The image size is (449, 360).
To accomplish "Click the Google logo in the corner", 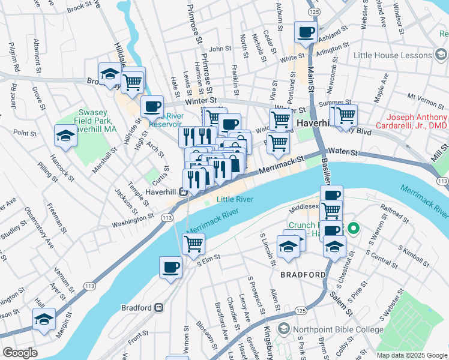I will [x=20, y=352].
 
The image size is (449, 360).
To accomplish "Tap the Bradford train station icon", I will [x=160, y=308].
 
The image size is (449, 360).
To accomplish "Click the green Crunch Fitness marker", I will [x=353, y=228].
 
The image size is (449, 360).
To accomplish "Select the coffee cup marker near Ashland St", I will [x=306, y=32].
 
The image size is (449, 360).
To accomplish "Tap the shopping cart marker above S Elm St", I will [x=193, y=243].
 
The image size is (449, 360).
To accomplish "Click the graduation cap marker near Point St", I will [x=65, y=136].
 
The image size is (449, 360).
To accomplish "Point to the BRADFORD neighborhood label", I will [x=303, y=275].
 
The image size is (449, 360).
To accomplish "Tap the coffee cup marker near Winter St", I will [x=152, y=106].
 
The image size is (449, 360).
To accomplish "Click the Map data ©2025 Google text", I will [x=412, y=355].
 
